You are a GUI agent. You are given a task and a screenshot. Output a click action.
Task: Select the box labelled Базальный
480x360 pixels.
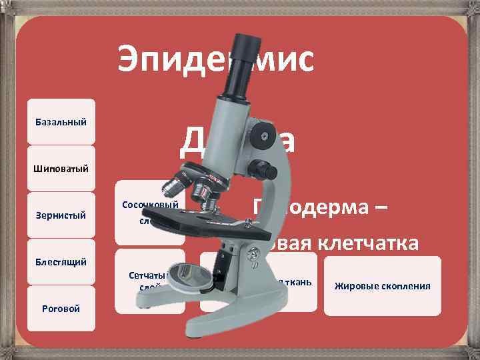click(61, 122)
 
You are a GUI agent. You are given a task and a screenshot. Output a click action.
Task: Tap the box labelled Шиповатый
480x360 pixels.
click(61, 167)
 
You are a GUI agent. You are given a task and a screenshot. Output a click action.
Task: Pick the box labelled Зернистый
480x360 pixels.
click(61, 215)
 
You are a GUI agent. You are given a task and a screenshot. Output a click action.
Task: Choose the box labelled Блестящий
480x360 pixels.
click(61, 261)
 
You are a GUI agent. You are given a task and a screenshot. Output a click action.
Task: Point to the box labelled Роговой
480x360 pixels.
click(61, 308)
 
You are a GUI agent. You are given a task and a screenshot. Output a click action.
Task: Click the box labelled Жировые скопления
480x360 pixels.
click(383, 286)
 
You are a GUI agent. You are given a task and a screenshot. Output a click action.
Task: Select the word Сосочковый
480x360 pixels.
click(151, 205)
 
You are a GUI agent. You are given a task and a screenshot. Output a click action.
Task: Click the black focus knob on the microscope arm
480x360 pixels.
click(264, 170)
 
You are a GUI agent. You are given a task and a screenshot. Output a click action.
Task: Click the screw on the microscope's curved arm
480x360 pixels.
click(265, 138)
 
